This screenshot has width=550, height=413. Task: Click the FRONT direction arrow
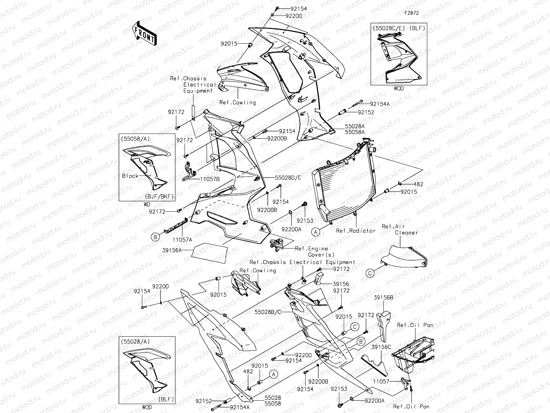tap(145, 34)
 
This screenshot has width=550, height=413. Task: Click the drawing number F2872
tap(411, 13)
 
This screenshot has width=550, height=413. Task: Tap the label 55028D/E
tap(288, 178)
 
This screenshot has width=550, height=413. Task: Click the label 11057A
tap(182, 239)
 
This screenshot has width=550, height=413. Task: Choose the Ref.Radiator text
tap(355, 231)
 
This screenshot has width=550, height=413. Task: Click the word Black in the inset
tap(130, 176)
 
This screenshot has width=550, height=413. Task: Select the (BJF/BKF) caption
tap(159, 197)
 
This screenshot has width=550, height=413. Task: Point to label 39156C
tap(381, 347)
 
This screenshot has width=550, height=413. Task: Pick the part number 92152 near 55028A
tap(366, 112)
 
